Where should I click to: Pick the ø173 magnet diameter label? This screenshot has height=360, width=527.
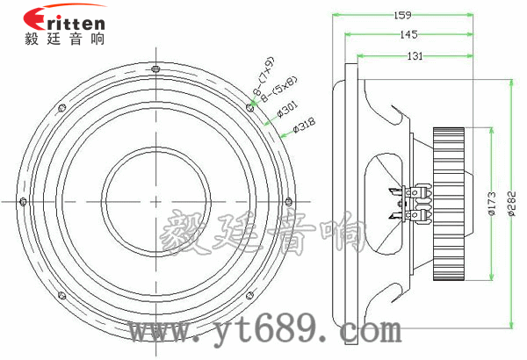click(492, 204)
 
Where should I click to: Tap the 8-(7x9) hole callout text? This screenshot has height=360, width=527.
click(263, 76)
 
